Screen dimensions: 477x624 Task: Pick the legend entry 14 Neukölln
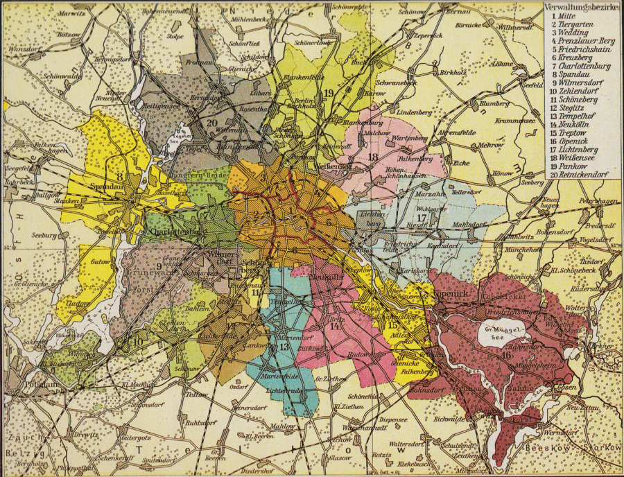[x=571, y=124]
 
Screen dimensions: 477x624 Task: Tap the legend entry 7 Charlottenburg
[x=576, y=66]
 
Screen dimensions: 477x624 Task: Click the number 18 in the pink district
[x=372, y=157]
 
